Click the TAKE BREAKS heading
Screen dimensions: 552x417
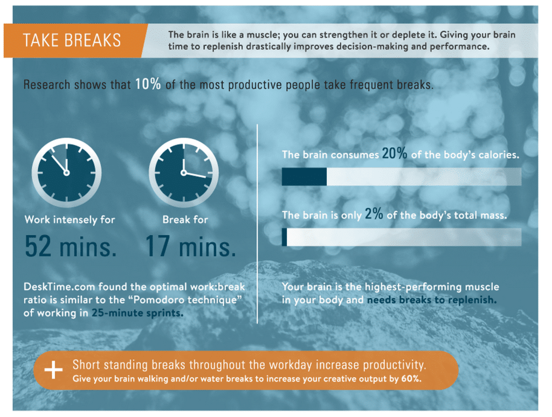[x=72, y=40]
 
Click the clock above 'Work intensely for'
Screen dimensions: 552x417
[x=66, y=173]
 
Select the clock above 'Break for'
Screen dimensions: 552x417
[x=183, y=173]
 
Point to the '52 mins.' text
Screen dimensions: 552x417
[x=71, y=246]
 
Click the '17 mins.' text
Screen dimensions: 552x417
[x=190, y=246]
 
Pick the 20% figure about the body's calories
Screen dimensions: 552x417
[x=395, y=153]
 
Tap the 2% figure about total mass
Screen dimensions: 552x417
[x=374, y=214]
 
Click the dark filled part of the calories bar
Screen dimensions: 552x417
[x=304, y=176]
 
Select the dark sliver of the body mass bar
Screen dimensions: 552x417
[x=285, y=237]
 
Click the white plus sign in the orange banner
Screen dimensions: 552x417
[x=53, y=370]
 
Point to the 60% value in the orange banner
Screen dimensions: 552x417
[x=411, y=379]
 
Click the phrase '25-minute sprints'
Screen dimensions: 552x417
[x=137, y=313]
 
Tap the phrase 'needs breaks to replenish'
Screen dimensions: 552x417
[x=432, y=300]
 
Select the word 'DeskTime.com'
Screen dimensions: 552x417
[x=59, y=286]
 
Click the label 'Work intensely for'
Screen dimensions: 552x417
[x=70, y=220]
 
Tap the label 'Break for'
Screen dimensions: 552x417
[x=185, y=220]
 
